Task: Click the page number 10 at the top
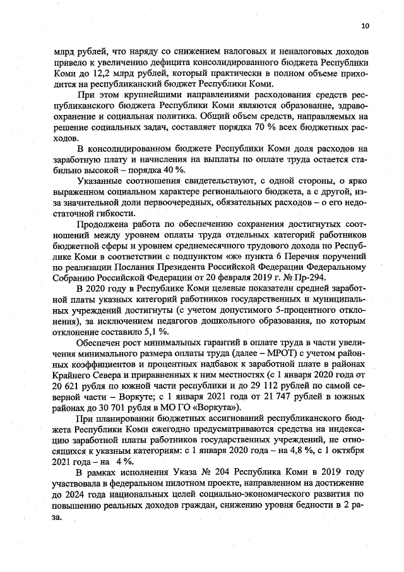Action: pyautogui.click(x=365, y=27)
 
